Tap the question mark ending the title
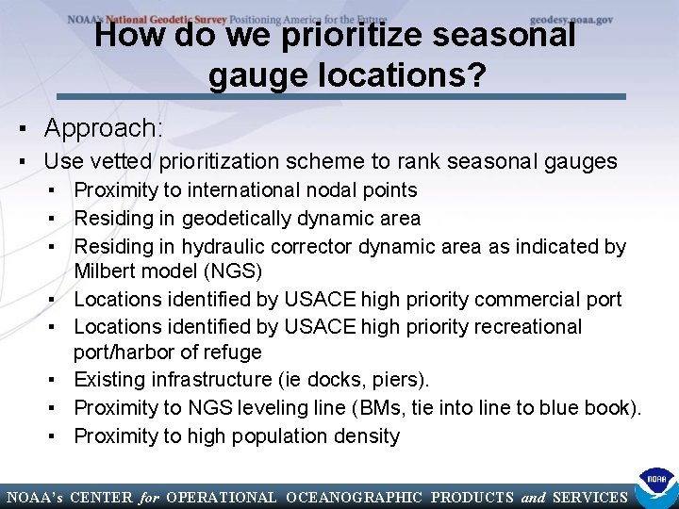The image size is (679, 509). [478, 75]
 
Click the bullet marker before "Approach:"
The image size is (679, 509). [17, 128]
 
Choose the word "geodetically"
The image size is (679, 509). [240, 219]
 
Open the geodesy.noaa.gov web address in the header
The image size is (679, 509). [571, 19]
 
